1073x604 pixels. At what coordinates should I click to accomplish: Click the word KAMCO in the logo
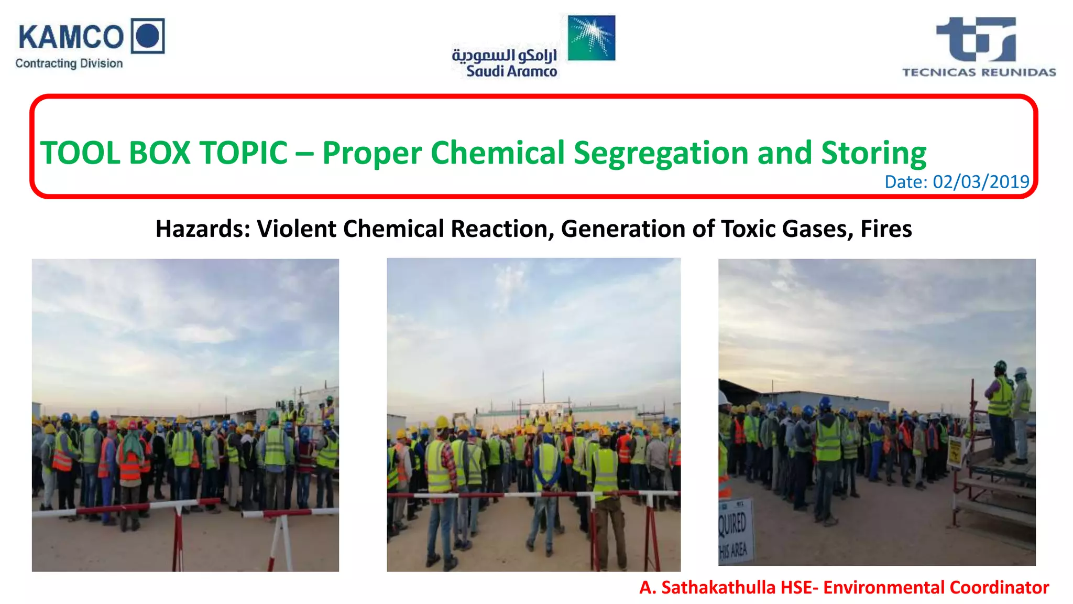click(x=71, y=38)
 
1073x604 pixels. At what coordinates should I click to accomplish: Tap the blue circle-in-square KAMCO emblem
click(x=148, y=36)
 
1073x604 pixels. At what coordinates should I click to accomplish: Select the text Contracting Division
click(x=69, y=63)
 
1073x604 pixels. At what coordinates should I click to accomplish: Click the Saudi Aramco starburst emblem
click(x=592, y=38)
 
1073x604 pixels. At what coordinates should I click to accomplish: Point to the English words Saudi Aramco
click(x=511, y=71)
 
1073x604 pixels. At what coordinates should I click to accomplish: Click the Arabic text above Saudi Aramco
click(x=504, y=55)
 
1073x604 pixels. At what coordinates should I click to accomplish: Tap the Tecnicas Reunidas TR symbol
click(x=976, y=39)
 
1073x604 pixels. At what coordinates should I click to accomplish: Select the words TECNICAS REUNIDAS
click(x=979, y=72)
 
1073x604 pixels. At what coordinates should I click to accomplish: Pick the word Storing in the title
click(x=873, y=153)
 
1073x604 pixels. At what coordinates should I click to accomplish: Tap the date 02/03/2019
click(x=981, y=182)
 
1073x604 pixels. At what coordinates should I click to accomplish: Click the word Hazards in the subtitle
click(x=202, y=229)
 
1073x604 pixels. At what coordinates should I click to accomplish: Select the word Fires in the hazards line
click(x=886, y=229)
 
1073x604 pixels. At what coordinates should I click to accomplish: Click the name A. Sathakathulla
click(x=707, y=587)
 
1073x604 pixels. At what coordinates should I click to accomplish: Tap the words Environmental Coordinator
click(x=936, y=587)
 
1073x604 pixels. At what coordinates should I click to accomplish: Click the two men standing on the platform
click(x=1009, y=412)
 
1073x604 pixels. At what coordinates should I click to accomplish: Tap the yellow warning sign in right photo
click(x=955, y=452)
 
